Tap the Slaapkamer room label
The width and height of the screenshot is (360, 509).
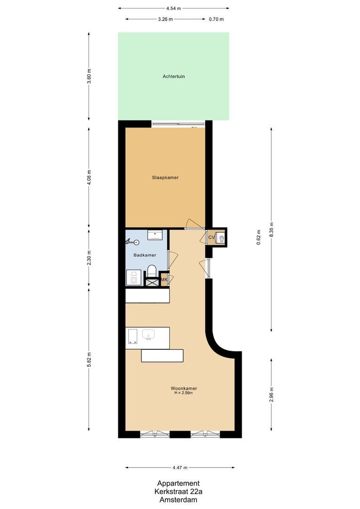pos(165,178)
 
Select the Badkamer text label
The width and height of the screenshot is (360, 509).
pos(145,255)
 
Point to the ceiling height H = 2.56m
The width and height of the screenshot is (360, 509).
pos(184,394)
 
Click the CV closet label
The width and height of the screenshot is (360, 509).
pos(212,238)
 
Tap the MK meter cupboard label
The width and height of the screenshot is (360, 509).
pos(164,280)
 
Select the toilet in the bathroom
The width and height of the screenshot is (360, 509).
pos(152,272)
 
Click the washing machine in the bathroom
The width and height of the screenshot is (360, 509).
pos(133,278)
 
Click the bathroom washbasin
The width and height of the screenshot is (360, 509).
pos(155,234)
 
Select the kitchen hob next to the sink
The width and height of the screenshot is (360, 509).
pos(131,336)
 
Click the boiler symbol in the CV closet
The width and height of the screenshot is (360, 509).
pos(220,238)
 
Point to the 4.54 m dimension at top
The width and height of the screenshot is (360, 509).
pos(173,8)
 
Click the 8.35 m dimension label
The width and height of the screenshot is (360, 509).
pos(271,229)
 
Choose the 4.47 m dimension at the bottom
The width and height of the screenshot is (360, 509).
pos(180,468)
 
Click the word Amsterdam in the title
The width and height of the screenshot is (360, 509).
pos(178,500)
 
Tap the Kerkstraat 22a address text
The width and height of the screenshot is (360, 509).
pos(178,492)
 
